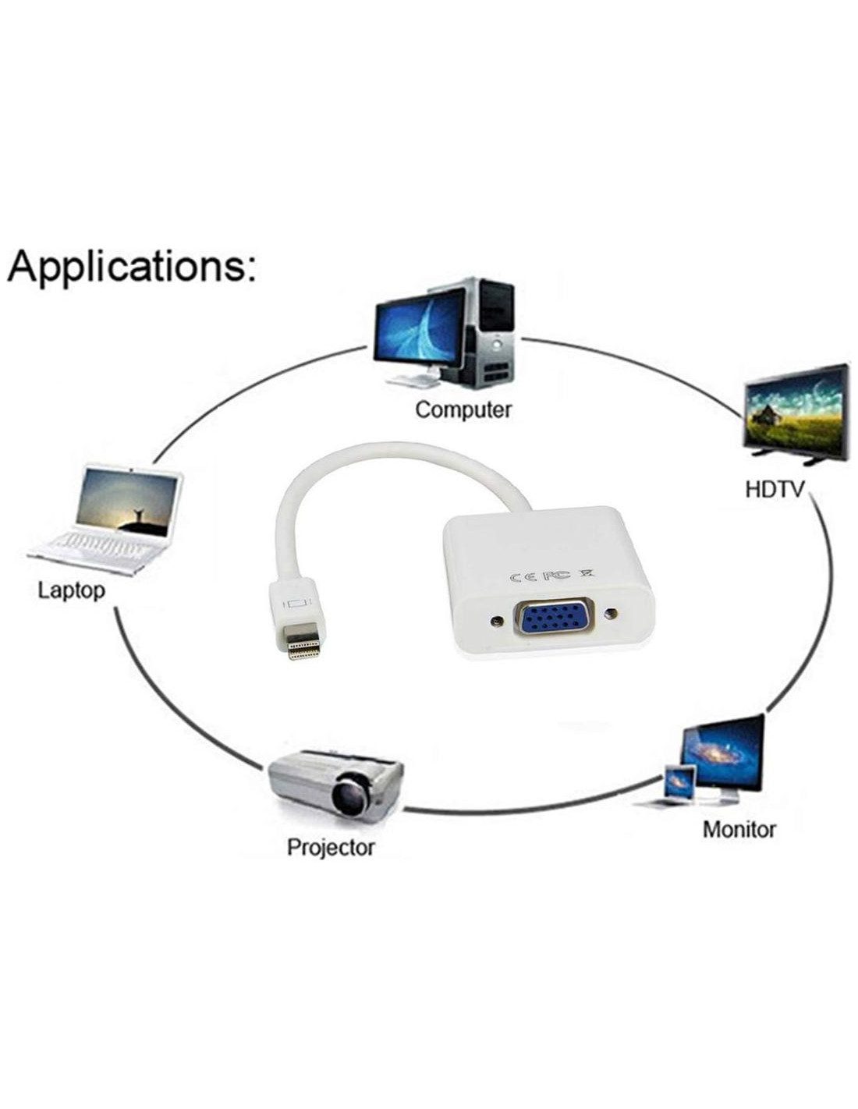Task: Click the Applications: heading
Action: (131, 267)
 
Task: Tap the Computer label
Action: (463, 409)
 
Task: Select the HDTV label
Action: (775, 491)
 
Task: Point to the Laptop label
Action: (71, 590)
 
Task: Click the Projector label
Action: (331, 847)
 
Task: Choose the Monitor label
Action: (739, 828)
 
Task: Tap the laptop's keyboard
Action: (100, 544)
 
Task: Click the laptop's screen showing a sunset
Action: (130, 503)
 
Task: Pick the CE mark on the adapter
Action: (521, 578)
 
